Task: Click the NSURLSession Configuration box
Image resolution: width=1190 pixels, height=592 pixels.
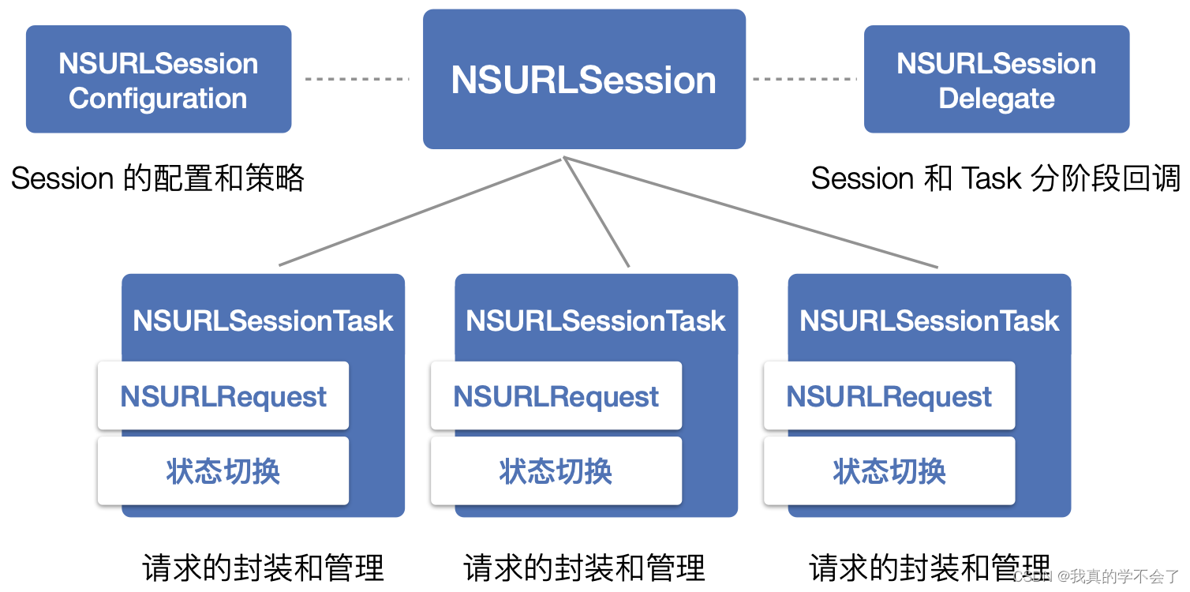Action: click(159, 80)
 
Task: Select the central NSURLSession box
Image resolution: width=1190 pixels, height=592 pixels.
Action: click(584, 80)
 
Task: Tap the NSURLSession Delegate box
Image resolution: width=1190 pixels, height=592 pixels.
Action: click(996, 80)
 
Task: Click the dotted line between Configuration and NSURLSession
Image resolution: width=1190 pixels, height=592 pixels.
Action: click(357, 79)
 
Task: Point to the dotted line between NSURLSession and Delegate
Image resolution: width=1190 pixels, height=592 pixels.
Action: click(804, 79)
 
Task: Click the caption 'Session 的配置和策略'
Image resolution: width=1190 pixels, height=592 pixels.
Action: click(158, 178)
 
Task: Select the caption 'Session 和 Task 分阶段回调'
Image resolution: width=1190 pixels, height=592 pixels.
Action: click(995, 178)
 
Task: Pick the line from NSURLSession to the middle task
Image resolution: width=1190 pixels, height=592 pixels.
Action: click(597, 212)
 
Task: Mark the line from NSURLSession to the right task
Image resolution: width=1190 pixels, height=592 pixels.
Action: click(750, 212)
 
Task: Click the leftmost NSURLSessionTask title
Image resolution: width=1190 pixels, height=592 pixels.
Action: click(263, 320)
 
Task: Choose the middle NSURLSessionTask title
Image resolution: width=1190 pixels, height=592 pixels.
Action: click(596, 320)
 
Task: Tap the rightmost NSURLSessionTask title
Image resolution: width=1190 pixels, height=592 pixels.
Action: click(929, 320)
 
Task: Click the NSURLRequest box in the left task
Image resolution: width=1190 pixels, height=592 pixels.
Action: click(223, 396)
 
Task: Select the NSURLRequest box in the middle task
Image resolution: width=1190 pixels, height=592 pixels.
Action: click(556, 396)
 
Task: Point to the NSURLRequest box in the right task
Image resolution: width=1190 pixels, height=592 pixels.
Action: click(889, 396)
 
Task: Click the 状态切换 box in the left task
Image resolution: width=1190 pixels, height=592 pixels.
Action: click(223, 471)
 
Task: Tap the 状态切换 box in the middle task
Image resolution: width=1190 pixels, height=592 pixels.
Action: click(556, 471)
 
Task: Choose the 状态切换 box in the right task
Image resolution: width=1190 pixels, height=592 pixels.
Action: click(889, 471)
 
